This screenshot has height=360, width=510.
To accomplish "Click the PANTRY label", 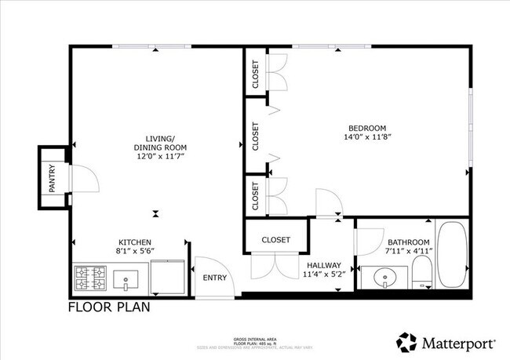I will pos(53,177).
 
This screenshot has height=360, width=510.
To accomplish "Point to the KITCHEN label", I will pos(134,242).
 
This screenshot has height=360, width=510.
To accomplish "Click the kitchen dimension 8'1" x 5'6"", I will pos(135,251).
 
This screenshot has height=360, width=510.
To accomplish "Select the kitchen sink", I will pos(126,278).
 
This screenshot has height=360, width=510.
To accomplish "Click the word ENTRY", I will pos(214,278).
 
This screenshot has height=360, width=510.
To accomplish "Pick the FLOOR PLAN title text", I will pos(109,307).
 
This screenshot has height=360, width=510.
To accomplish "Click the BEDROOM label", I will pos(367,128).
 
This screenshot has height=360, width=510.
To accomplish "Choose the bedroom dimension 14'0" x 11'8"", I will pos(367,137).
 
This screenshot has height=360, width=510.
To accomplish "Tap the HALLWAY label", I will pos(322,265).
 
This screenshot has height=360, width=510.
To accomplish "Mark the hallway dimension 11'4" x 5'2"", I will pos(322,275).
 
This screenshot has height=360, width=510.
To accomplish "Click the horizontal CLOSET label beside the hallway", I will pos(275,240).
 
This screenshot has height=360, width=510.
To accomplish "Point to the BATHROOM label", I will pos(407,242).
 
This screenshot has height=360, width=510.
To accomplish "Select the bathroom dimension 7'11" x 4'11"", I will pos(407,252).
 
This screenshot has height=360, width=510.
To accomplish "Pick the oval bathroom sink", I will pos(385,278).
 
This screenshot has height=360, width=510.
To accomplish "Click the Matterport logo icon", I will pos(406,343).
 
